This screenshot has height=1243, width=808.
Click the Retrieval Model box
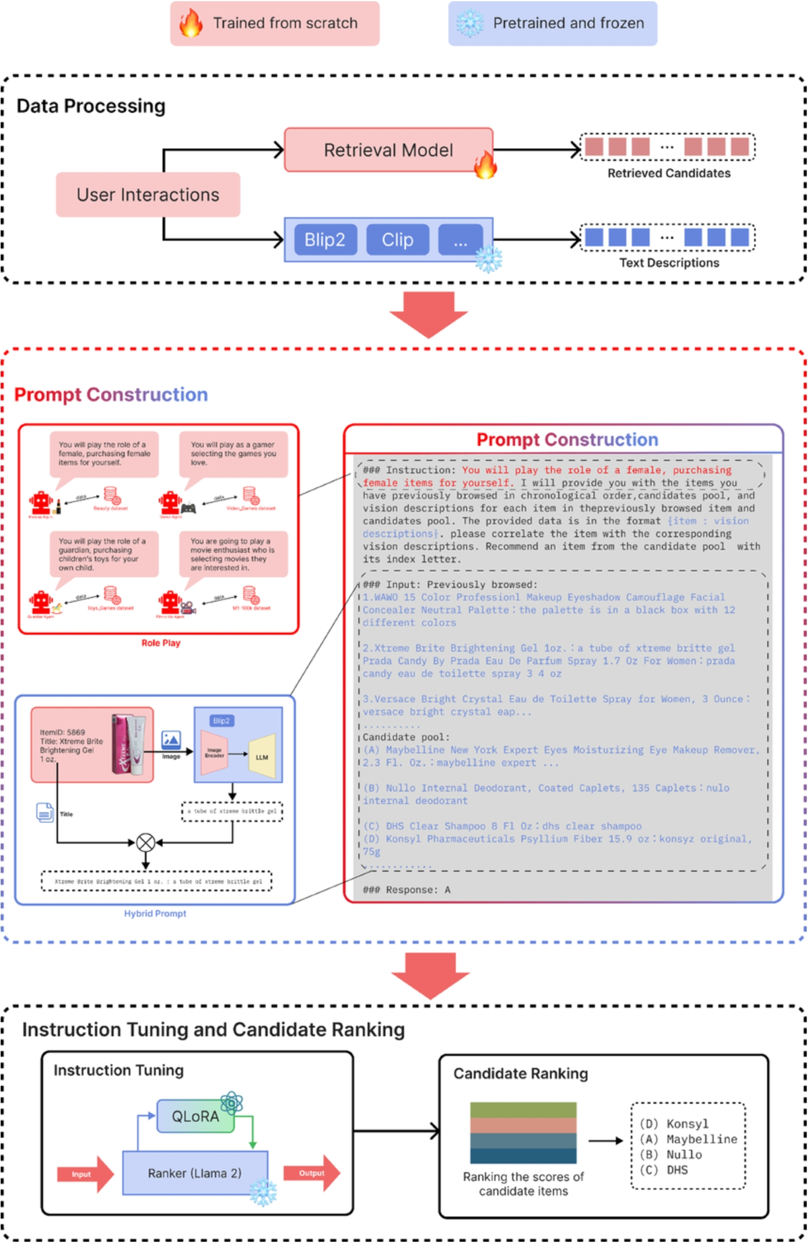coord(389,150)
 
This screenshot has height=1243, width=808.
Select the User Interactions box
coord(147,195)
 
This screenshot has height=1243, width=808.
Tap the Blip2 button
coord(325,240)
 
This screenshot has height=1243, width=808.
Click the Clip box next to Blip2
coord(397,240)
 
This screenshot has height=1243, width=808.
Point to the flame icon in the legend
coord(191,24)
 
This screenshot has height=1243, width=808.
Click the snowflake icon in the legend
coord(469,24)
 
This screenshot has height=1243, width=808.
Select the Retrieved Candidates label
coord(669,173)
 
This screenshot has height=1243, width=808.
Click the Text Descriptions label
coord(669,263)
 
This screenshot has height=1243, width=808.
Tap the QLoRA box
coord(195,1116)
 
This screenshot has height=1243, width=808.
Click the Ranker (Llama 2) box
coord(195,1173)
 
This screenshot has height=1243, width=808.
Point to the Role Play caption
coord(160,643)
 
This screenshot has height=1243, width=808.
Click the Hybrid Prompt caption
coord(155,914)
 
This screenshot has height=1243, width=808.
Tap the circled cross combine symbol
coord(145,842)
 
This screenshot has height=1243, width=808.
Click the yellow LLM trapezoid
coord(262,756)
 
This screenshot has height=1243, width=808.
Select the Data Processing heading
coord(91,106)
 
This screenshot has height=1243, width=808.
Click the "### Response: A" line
coord(407,889)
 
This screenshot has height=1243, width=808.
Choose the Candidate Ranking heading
coord(520,1073)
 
